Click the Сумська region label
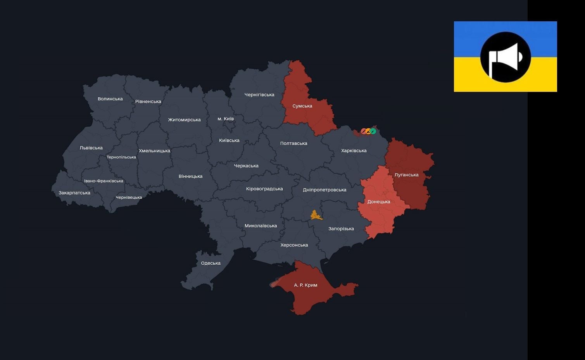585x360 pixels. (302, 106)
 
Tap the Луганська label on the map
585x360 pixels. (406, 175)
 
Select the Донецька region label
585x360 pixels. (378, 202)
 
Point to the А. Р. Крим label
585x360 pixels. (305, 285)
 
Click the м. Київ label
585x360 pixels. (226, 119)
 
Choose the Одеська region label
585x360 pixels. (211, 263)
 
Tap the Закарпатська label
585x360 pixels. (74, 193)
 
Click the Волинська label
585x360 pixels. (110, 99)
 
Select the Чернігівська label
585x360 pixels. (259, 95)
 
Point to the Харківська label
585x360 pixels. (354, 150)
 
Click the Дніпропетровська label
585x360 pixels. (324, 189)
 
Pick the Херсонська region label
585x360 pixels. (294, 245)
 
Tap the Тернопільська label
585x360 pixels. (121, 157)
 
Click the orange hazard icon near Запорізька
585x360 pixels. (316, 215)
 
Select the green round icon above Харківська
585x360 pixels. (373, 131)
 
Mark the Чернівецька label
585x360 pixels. (129, 197)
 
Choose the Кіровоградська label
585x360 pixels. (264, 189)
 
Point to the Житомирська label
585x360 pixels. (184, 120)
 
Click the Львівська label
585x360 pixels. (91, 148)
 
